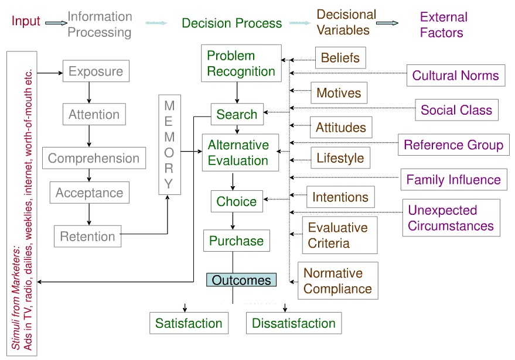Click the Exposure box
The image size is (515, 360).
click(96, 71)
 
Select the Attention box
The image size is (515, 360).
click(94, 115)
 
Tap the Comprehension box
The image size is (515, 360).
click(94, 159)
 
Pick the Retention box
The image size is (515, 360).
click(88, 236)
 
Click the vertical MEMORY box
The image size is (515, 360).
click(169, 145)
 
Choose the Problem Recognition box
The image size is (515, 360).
click(241, 64)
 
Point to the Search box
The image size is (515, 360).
click(237, 115)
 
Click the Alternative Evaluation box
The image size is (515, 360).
click(238, 153)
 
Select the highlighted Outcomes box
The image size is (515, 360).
click(241, 280)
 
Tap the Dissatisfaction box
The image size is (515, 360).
click(294, 323)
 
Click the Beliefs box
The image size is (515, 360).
click(341, 59)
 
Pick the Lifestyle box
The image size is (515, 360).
click(340, 157)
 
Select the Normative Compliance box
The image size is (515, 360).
click(337, 281)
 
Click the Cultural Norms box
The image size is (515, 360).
click(455, 76)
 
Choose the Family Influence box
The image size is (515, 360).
click(453, 180)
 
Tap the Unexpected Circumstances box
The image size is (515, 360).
click(451, 218)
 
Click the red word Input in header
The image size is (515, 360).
click(26, 22)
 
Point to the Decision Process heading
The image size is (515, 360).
click(231, 23)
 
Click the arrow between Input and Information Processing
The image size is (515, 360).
click(56, 23)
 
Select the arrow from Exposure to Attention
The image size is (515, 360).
click(88, 92)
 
